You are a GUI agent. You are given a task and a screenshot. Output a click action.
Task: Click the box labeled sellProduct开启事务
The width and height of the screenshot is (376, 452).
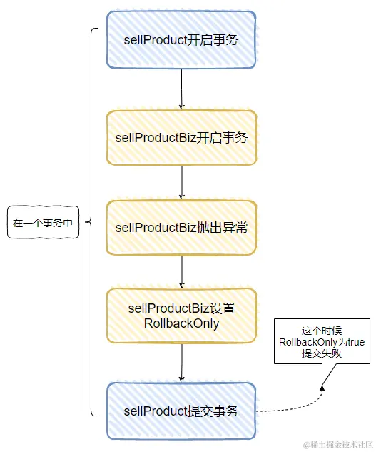pyautogui.click(x=181, y=40)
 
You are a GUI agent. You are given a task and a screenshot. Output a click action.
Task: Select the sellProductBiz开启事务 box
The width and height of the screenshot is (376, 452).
pyautogui.click(x=181, y=138)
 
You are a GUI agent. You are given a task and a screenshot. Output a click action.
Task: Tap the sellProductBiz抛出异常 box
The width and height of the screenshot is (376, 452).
pyautogui.click(x=181, y=227)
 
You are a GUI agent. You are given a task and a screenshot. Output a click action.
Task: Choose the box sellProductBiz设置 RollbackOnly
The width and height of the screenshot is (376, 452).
pyautogui.click(x=181, y=316)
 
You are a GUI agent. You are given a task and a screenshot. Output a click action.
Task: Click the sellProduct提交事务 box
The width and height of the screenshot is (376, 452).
pyautogui.click(x=181, y=411)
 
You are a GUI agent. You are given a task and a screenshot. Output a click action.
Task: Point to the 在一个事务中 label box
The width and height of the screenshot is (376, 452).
pyautogui.click(x=42, y=222)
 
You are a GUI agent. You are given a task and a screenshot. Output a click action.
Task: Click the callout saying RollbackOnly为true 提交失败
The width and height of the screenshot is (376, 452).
pyautogui.click(x=322, y=342)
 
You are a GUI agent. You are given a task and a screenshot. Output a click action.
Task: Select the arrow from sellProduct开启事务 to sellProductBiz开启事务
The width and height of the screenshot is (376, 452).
pyautogui.click(x=182, y=89)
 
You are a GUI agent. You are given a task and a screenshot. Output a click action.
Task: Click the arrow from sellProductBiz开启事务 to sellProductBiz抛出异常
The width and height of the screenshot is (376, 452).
pyautogui.click(x=182, y=183)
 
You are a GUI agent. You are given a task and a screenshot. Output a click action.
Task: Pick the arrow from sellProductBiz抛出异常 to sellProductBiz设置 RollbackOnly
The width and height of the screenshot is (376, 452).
pyautogui.click(x=182, y=271)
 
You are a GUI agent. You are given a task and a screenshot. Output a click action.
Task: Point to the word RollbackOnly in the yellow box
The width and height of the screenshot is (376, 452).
pyautogui.click(x=181, y=323)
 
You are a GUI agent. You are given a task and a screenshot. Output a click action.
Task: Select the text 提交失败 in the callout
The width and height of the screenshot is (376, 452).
pyautogui.click(x=322, y=355)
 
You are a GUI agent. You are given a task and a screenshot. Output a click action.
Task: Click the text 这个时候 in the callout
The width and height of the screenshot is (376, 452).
pyautogui.click(x=322, y=330)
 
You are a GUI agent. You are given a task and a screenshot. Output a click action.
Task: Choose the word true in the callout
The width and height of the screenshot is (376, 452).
pyautogui.click(x=355, y=343)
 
